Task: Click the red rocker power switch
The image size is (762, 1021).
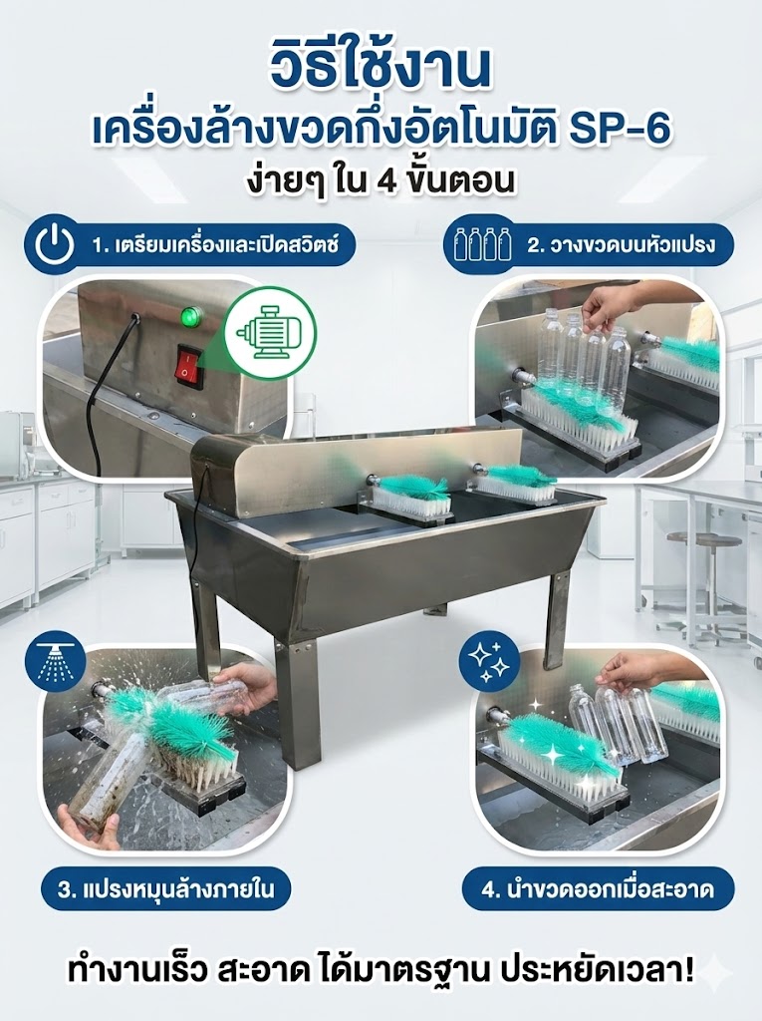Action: coord(189,367)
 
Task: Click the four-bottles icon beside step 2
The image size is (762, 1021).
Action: coord(482,244)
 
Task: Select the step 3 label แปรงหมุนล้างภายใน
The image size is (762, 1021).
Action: coord(164,888)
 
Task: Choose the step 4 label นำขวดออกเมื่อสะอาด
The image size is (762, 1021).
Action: coord(598,888)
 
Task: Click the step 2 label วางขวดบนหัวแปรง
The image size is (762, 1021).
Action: coord(622,245)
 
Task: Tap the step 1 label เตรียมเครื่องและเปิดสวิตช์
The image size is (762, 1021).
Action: coord(215,246)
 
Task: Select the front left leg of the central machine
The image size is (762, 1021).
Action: coord(296,704)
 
